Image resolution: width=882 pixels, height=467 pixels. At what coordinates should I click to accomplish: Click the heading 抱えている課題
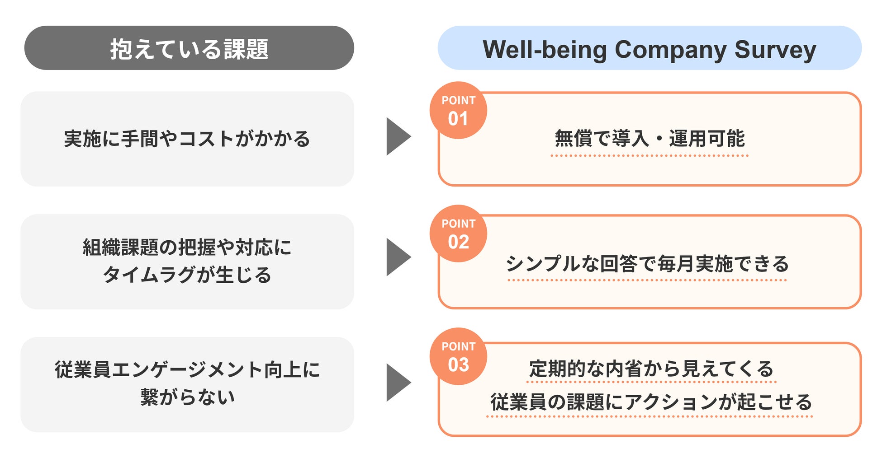click(x=189, y=49)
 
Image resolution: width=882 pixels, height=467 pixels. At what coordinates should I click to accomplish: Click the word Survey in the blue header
click(x=775, y=50)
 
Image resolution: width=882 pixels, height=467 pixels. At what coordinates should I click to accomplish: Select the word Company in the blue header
click(x=670, y=50)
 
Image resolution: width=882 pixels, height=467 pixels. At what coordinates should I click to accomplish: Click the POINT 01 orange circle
click(x=458, y=110)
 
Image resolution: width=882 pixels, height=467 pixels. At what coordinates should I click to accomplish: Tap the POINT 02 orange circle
click(x=458, y=233)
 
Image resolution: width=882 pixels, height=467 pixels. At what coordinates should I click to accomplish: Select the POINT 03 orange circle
click(x=458, y=356)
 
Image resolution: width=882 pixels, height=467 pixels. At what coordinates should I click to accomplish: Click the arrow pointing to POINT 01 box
click(x=398, y=136)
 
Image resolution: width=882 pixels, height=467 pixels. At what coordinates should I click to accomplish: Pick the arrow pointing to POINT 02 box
click(x=398, y=257)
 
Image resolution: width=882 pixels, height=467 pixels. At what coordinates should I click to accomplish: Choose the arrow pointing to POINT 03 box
click(x=398, y=383)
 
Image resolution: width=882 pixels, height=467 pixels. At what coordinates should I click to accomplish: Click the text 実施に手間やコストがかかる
click(x=187, y=139)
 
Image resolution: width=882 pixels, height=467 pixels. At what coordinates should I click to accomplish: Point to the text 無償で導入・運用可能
click(x=650, y=138)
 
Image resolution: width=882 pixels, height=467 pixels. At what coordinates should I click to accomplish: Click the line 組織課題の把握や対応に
click(x=187, y=247)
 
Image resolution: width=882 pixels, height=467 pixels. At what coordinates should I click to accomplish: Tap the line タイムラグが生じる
click(x=187, y=275)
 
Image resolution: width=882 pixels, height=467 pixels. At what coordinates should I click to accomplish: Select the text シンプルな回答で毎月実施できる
click(x=647, y=263)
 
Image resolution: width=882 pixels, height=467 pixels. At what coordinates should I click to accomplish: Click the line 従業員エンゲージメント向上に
click(x=187, y=369)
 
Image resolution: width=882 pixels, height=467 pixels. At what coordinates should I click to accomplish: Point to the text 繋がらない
click(x=187, y=397)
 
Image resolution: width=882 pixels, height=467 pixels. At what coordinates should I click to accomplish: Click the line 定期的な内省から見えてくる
click(x=651, y=369)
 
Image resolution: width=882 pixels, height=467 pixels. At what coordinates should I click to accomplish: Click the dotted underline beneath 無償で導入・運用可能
click(x=650, y=156)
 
